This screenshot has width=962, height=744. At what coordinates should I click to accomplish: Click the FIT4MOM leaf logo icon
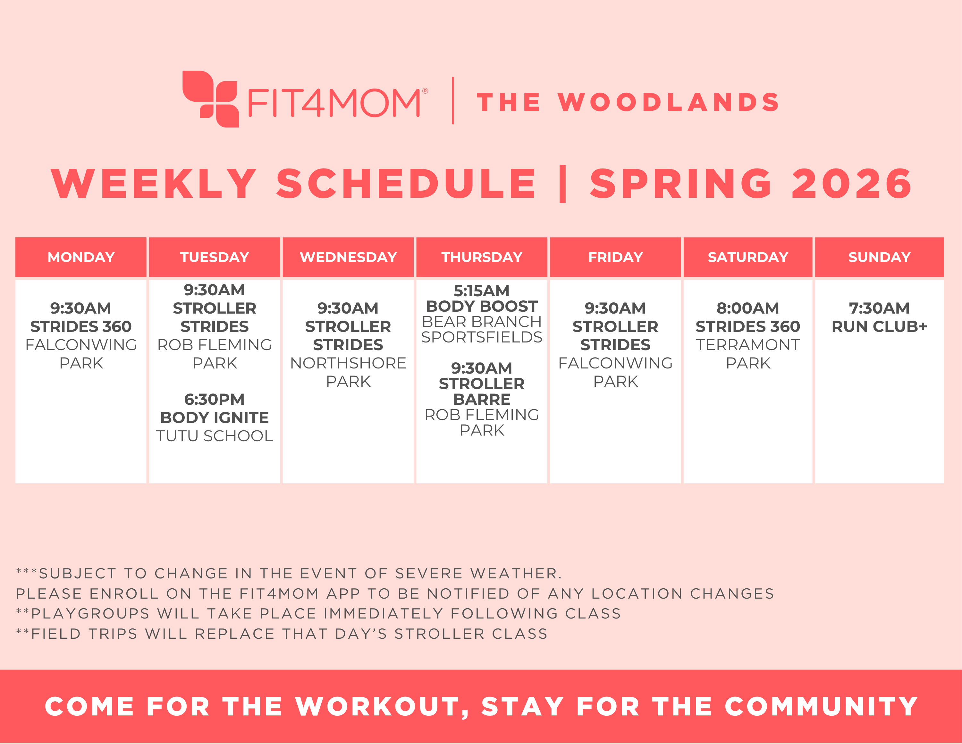pos(211,99)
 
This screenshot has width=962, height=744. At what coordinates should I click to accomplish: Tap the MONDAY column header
pos(81,257)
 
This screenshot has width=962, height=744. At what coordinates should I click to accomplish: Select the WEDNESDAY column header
pos(348,257)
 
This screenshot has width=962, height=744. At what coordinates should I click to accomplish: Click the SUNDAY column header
pos(879,257)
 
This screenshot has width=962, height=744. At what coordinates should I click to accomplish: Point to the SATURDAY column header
pos(747,257)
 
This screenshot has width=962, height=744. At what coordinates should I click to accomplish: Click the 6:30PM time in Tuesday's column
pos(214,399)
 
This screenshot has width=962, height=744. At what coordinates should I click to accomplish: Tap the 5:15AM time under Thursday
pos(481,291)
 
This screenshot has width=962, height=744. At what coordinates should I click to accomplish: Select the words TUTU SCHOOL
pos(214,436)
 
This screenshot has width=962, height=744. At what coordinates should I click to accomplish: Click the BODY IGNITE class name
pos(214,417)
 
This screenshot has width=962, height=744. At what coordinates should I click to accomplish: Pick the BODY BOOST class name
pos(481,306)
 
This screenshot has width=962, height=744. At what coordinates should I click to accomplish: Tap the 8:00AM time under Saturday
pos(747,308)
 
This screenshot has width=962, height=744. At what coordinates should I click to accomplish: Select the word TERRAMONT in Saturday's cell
pos(747,345)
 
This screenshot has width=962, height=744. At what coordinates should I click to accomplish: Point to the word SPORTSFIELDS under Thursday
pos(481,337)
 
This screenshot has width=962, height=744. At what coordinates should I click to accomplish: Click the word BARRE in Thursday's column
pos(481,399)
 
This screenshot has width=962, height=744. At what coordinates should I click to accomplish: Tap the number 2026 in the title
pos(851,184)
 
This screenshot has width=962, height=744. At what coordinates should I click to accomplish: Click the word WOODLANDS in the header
pos(668,102)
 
